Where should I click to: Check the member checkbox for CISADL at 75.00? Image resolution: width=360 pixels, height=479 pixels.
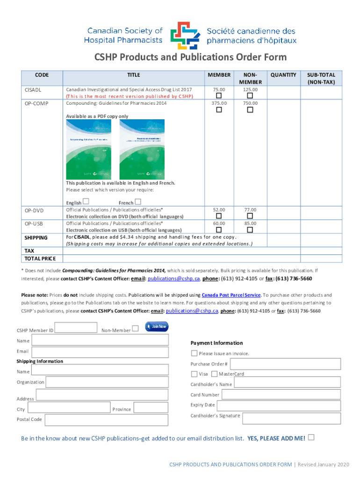tap(218, 96)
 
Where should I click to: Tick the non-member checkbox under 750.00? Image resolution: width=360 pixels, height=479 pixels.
tap(250, 110)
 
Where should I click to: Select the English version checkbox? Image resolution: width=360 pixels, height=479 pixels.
tap(86, 202)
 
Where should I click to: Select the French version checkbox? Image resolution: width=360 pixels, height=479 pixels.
tap(138, 202)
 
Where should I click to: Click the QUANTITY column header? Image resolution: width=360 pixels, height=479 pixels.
tap(283, 75)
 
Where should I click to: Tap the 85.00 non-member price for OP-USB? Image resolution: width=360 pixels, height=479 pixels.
tap(250, 224)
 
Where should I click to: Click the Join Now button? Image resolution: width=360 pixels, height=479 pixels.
tap(157, 327)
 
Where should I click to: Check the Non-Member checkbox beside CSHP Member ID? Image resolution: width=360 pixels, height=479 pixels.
tap(135, 328)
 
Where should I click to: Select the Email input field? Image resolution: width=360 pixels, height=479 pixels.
tap(100, 352)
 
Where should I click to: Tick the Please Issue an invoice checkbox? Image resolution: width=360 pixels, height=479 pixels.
tap(194, 353)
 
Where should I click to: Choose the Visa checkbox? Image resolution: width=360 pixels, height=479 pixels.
tap(194, 374)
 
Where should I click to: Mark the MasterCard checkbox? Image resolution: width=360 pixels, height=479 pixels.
tap(214, 374)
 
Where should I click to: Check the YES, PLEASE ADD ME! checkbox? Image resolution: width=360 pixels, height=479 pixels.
tap(311, 437)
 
